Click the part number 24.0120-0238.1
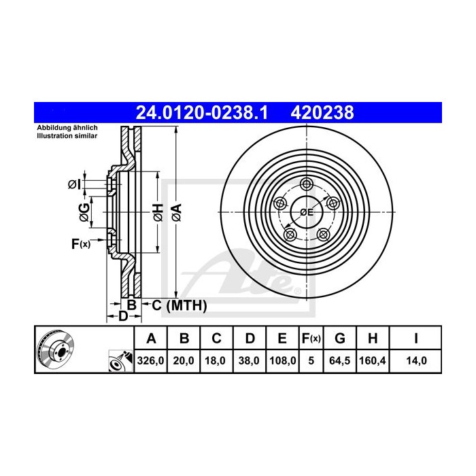(202, 113)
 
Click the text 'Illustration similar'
(67, 136)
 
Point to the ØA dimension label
(176, 211)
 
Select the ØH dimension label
(158, 211)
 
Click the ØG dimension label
(83, 211)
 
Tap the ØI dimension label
(75, 184)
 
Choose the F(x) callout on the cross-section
(80, 243)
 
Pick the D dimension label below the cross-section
(122, 316)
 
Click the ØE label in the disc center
(307, 212)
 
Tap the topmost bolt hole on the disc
(307, 184)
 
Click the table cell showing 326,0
(152, 361)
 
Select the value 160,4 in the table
(373, 361)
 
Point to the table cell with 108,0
(282, 361)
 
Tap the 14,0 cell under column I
(415, 361)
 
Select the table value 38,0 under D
(250, 361)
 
